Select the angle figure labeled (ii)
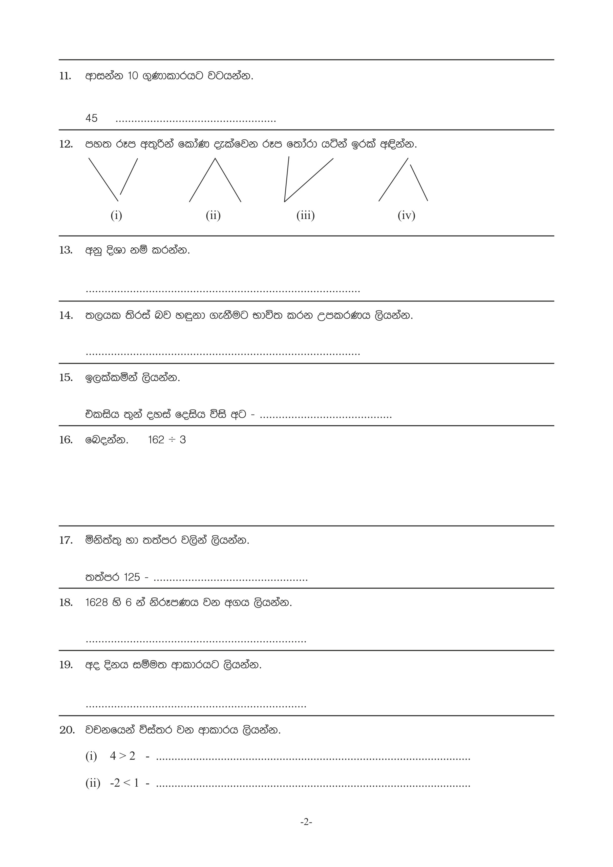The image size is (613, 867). [215, 180]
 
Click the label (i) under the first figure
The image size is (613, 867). [116, 215]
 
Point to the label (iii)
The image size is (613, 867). [305, 215]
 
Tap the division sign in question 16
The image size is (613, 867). [172, 440]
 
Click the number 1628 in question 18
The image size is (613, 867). [97, 602]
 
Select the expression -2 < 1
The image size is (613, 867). [124, 783]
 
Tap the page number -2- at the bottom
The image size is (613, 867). [306, 822]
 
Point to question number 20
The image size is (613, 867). [67, 730]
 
